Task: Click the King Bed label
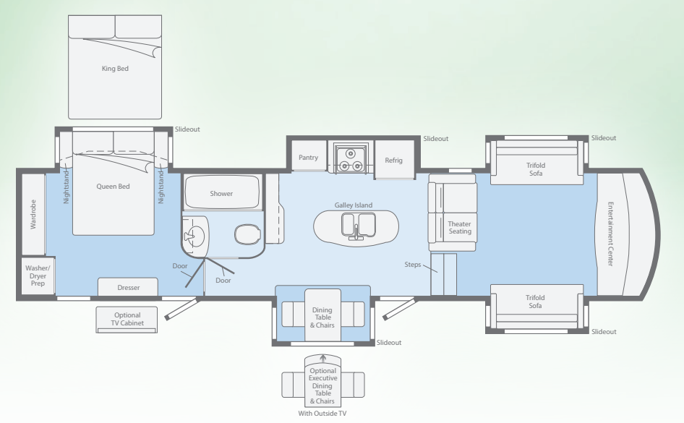pos(115,69)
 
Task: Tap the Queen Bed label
pos(113,187)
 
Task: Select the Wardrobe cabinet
pos(33,214)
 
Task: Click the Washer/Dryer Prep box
pos(38,275)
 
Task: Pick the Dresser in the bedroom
pos(128,287)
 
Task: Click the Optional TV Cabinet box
pos(127,320)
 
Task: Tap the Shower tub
pos(221,192)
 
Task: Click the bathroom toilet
pos(248,234)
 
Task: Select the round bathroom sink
pos(196,236)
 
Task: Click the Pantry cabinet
pos(309,156)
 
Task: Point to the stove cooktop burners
pos(350,160)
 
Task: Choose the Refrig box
pos(394,160)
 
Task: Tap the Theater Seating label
pos(460,228)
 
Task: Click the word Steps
pos(413,265)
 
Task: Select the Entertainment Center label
pos(611,234)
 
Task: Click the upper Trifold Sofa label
pos(536,169)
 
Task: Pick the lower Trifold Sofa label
pos(535,302)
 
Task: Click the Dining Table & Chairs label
pos(322,317)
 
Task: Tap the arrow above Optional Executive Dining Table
pos(322,359)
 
